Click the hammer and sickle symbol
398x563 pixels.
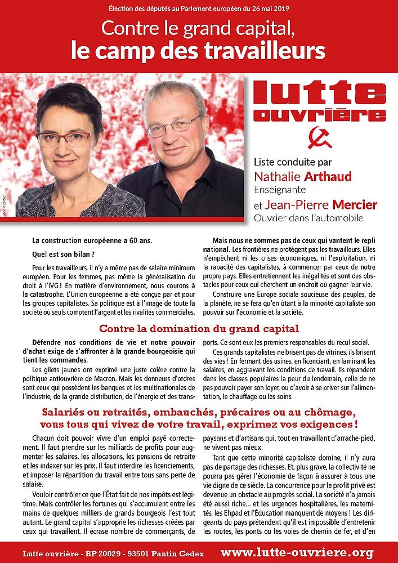(319, 138)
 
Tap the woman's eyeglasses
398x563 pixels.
(71, 137)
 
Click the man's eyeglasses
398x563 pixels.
(173, 124)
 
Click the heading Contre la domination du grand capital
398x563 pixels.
(199, 329)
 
